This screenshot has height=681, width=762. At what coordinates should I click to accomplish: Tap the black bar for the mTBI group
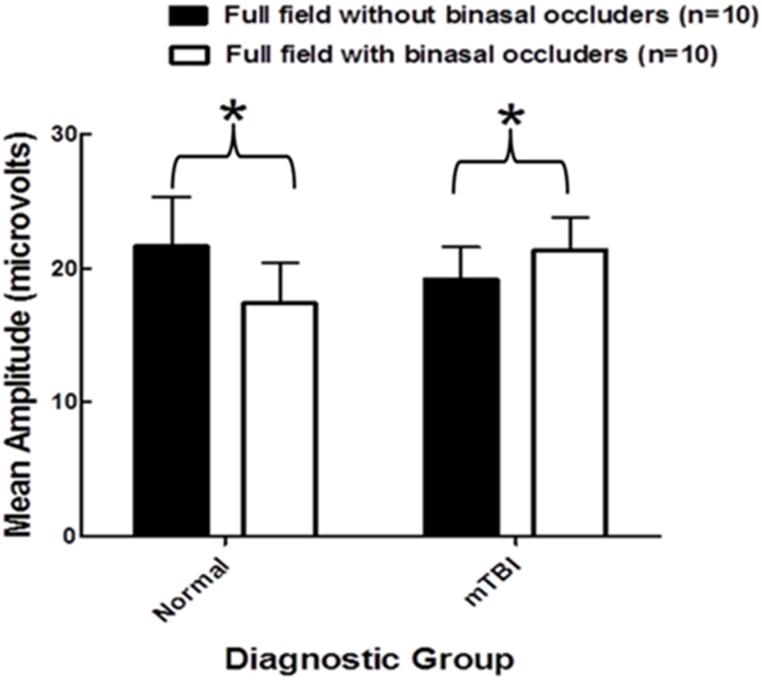pyautogui.click(x=461, y=408)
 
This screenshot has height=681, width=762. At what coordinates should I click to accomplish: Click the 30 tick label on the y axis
pyautogui.click(x=64, y=135)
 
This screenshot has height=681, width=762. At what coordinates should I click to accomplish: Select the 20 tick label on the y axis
pyautogui.click(x=64, y=269)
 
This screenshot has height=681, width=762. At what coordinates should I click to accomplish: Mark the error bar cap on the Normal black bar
pyautogui.click(x=173, y=197)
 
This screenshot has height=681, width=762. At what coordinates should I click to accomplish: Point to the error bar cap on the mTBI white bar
pyautogui.click(x=571, y=217)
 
